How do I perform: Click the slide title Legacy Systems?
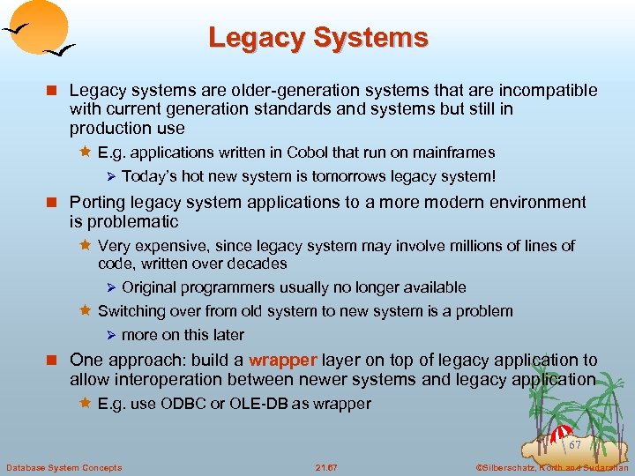click(317, 38)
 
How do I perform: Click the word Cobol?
click(286, 152)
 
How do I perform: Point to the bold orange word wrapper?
click(283, 360)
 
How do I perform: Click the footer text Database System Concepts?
click(63, 467)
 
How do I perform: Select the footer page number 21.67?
click(327, 467)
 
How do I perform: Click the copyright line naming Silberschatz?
click(551, 467)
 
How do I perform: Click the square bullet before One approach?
click(56, 361)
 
